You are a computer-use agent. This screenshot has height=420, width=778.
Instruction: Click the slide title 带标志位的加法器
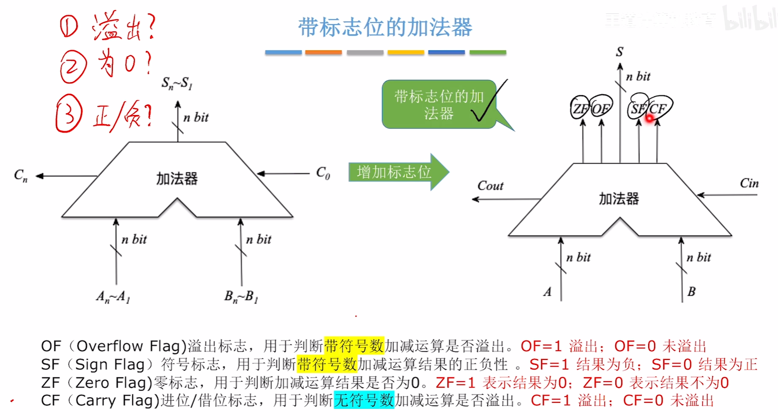385,27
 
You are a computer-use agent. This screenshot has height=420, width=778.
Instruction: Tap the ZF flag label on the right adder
580,109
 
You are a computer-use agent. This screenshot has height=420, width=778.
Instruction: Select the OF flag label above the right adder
600,109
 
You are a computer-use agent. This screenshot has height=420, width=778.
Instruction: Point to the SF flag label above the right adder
638,109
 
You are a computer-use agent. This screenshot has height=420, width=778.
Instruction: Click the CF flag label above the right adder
658,109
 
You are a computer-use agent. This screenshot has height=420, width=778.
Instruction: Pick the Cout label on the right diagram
490,186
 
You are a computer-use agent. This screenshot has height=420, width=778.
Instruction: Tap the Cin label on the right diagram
749,183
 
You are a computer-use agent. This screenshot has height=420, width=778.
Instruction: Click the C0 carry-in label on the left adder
323,173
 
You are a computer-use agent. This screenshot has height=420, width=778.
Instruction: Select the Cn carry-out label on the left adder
21,175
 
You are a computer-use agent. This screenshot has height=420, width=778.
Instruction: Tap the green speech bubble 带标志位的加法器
438,104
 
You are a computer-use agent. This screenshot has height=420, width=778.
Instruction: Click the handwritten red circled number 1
69,26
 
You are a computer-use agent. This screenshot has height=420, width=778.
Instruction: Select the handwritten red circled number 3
69,114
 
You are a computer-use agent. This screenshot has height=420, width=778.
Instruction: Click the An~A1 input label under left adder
113,297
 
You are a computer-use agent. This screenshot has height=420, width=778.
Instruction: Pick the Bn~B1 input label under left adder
241,297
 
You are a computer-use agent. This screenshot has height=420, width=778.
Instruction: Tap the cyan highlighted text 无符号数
364,400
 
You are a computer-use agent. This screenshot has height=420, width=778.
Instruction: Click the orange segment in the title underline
324,53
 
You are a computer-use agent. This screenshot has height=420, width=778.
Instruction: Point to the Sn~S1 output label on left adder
177,83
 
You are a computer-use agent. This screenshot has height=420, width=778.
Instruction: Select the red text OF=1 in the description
541,346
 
